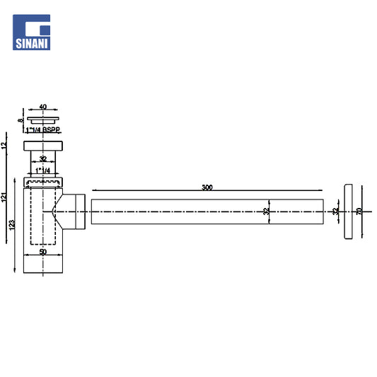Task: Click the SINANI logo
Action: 32,33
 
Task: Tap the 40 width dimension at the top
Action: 43,107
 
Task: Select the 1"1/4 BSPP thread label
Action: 43,130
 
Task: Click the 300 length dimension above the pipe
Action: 207,187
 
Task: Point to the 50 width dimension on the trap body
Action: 43,252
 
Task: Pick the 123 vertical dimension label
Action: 12,225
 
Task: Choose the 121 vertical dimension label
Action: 4,197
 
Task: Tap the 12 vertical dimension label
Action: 4,145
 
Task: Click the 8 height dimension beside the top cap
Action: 21,120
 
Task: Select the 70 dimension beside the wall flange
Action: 359,211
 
